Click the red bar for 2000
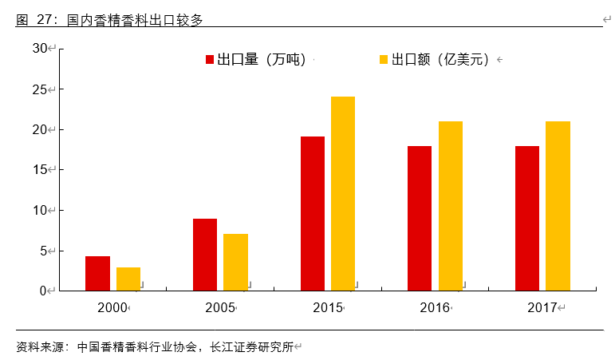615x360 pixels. click(97, 273)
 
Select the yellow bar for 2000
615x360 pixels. click(128, 279)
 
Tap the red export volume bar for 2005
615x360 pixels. click(205, 255)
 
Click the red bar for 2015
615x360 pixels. click(313, 213)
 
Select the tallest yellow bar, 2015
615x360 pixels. click(343, 193)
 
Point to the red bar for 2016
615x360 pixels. click(420, 218)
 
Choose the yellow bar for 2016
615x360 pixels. click(451, 206)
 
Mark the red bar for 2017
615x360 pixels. click(527, 218)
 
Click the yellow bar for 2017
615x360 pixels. click(558, 206)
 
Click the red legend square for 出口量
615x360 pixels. click(210, 60)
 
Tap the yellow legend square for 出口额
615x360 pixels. click(384, 60)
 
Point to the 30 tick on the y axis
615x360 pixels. click(40, 49)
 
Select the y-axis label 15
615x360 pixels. click(40, 170)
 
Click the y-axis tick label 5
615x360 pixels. click(43, 251)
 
